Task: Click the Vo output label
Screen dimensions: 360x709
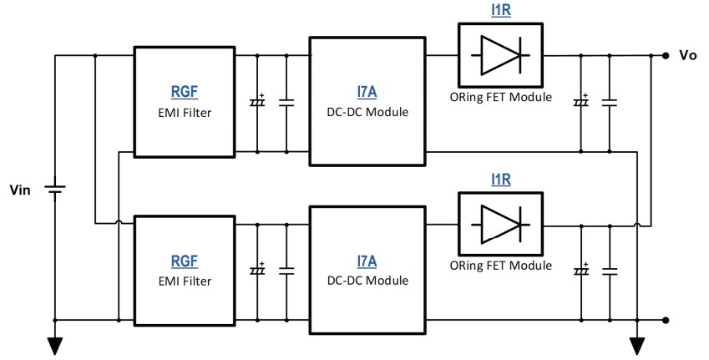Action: [688, 55]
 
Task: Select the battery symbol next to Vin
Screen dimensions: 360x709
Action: [55, 192]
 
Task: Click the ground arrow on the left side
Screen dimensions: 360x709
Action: [55, 344]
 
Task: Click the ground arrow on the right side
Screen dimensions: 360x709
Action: [638, 344]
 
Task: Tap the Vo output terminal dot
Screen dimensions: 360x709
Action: [666, 56]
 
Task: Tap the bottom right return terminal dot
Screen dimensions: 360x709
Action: [666, 320]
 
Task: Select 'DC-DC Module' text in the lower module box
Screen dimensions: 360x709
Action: [367, 281]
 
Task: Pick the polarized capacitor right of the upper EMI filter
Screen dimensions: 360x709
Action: [256, 103]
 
